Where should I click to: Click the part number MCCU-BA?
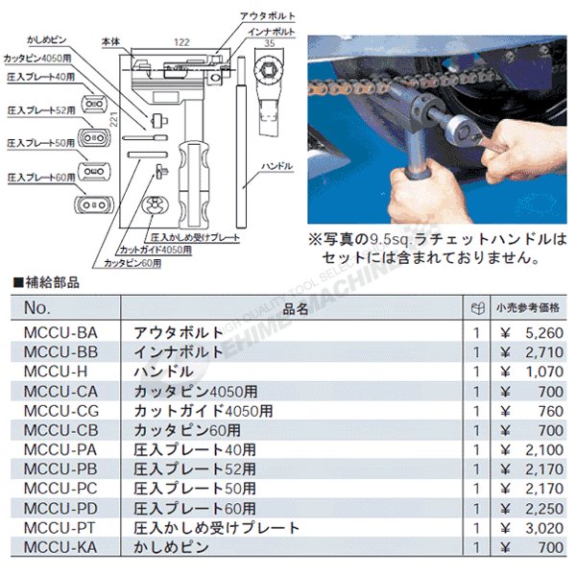click(60, 331)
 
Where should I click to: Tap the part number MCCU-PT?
click(60, 528)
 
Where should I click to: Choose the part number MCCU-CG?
click(60, 410)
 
